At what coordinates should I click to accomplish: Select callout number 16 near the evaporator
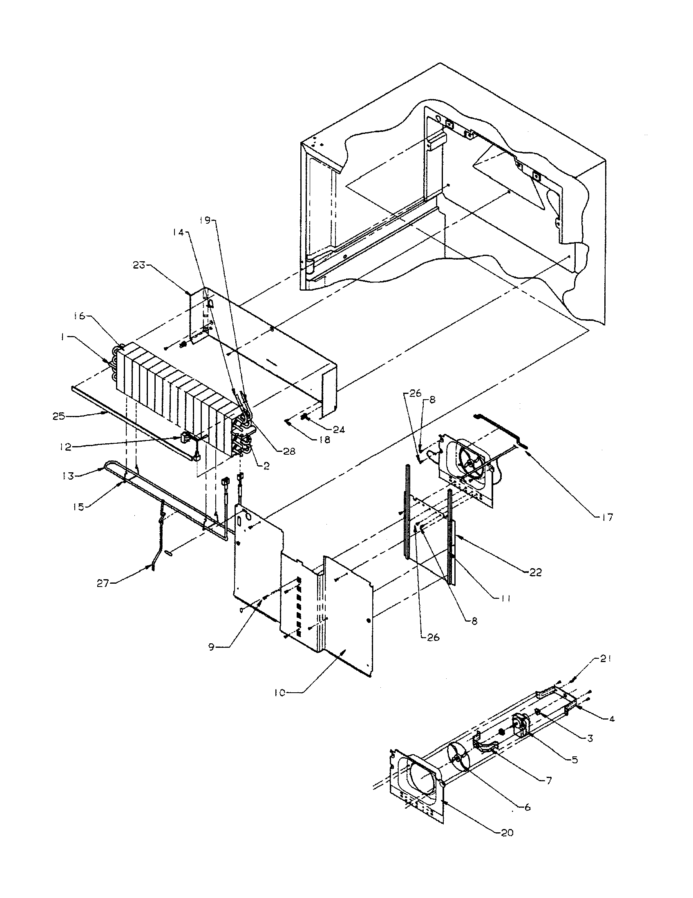tap(79, 316)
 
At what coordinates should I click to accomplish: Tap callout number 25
tap(58, 416)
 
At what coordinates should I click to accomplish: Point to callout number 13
tap(68, 476)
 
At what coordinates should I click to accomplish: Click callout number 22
tap(536, 572)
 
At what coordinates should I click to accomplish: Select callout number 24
tap(339, 430)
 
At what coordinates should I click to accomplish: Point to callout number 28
tap(289, 451)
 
